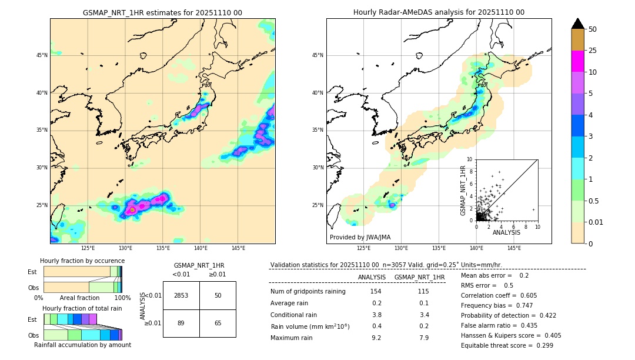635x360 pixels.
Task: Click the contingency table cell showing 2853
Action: [181, 295]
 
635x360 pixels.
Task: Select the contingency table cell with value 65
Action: [218, 323]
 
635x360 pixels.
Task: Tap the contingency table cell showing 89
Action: [181, 323]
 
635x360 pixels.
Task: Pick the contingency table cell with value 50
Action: [218, 295]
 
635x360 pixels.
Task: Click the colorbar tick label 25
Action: [593, 51]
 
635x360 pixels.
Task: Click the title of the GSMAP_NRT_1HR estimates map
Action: [162, 12]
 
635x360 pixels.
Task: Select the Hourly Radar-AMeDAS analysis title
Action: [439, 12]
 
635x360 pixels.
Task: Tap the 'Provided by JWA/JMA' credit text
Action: [360, 238]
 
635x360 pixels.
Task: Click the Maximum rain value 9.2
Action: [376, 338]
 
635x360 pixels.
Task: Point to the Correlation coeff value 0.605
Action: [541, 295]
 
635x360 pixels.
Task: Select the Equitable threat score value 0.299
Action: [541, 345]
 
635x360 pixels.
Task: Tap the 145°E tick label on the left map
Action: [238, 248]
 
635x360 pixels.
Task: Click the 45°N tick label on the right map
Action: [317, 56]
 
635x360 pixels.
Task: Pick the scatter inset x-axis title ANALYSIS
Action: [506, 232]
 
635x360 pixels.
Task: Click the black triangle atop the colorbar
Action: [578, 24]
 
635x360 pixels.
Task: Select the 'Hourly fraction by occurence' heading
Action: [82, 261]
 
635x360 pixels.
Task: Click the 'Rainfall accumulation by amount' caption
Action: [82, 345]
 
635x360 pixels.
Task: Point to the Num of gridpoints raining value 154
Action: [376, 291]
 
